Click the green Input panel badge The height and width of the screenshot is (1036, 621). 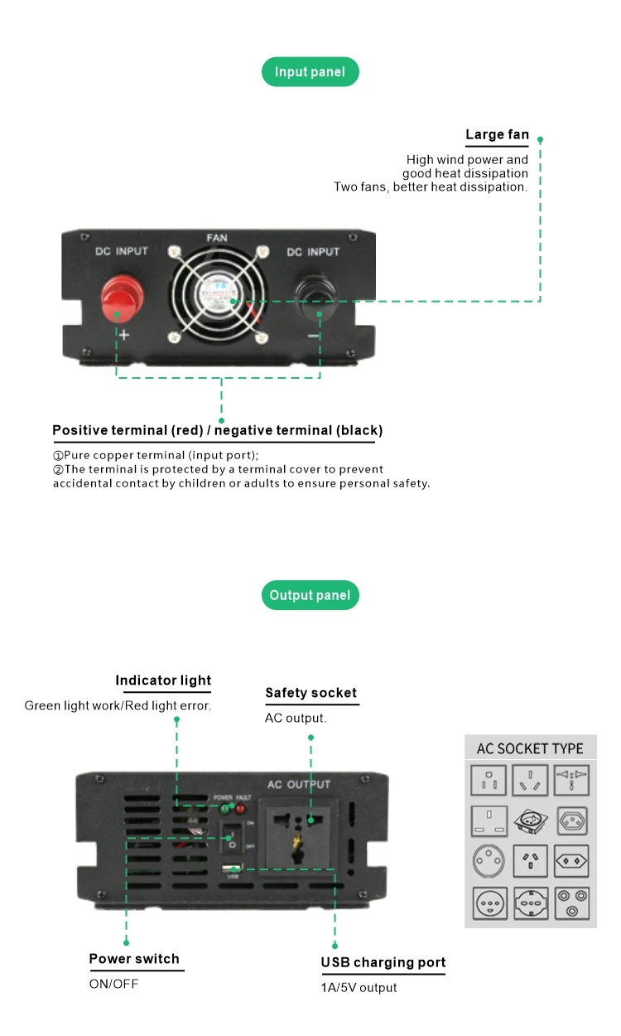coord(310,72)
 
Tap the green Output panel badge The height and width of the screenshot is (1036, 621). coord(310,595)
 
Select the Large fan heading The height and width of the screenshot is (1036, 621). coord(497,135)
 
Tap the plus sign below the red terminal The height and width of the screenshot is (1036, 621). coord(124,336)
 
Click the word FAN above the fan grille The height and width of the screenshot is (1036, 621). coord(217,238)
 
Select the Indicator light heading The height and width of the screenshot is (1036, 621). coord(163,680)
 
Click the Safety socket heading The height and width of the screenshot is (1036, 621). coord(310,693)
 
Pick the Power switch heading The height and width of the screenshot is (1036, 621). coord(134,959)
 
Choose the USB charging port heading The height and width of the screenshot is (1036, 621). coord(383,962)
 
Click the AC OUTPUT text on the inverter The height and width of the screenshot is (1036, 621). coord(299,784)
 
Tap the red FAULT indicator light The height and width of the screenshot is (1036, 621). coord(241,808)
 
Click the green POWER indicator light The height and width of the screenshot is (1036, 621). coord(224,808)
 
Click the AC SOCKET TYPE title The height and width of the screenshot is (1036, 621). coord(530,748)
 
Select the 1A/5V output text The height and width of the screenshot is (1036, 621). coord(359,988)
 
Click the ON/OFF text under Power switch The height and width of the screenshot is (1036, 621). coord(114,984)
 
